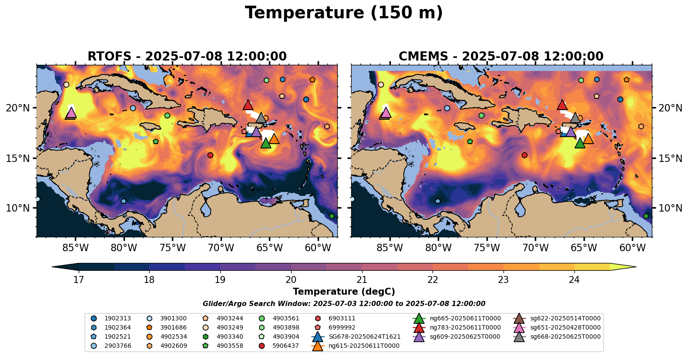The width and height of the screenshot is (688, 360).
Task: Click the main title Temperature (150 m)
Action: pos(344,13)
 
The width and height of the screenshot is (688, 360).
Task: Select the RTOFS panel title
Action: pos(187,57)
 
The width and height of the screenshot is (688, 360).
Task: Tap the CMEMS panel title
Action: pos(501,57)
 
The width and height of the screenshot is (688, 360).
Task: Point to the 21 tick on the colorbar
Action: pos(362,279)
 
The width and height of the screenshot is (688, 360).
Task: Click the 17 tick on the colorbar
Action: pos(78,279)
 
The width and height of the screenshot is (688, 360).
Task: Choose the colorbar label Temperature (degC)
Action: pos(344,292)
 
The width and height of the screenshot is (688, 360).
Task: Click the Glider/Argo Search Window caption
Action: pos(344,304)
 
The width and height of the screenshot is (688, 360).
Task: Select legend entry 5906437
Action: pos(285,346)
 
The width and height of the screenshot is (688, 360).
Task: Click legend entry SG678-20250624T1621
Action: pos(364,337)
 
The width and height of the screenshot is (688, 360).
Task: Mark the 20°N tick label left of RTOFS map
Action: pos(18,108)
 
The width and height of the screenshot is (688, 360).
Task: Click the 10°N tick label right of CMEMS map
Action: pos(670,208)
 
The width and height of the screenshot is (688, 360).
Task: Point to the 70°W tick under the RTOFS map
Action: pos(221,248)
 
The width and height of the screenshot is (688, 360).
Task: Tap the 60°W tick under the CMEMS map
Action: pos(632,248)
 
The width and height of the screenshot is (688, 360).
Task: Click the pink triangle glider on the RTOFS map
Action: pos(71,113)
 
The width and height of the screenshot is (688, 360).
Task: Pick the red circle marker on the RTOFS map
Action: pos(210,155)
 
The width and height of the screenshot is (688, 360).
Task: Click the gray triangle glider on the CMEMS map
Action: pos(575,118)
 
